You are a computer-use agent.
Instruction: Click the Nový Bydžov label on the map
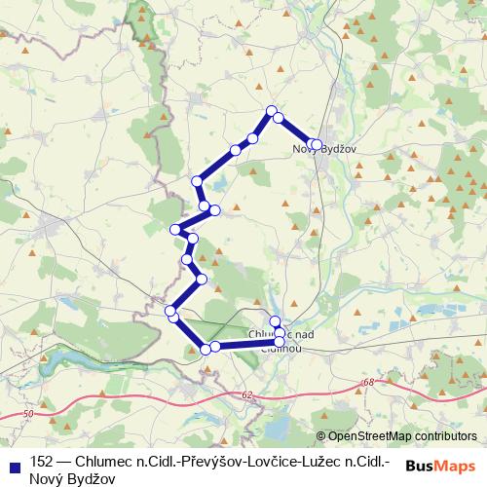coord(321,149)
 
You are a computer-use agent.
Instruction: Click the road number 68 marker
coord(367,383)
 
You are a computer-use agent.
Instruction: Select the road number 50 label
coord(26,415)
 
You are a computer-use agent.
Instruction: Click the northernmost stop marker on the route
coord(272,110)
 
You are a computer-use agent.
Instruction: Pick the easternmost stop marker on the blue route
coord(316,145)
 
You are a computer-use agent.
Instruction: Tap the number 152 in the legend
coord(42,461)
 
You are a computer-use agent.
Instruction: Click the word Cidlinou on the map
coord(282,347)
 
